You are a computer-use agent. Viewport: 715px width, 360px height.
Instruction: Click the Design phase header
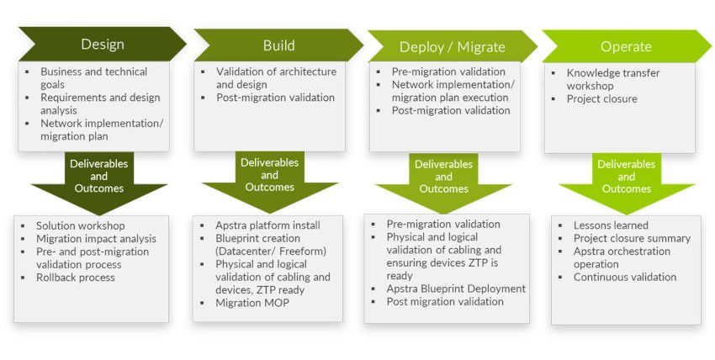point(102,45)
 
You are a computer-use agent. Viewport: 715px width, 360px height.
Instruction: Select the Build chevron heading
point(278,45)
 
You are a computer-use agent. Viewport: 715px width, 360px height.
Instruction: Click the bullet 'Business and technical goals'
point(93,78)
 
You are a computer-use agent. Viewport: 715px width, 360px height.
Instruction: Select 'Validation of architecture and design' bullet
point(275,78)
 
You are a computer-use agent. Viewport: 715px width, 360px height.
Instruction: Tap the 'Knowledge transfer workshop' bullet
point(612,79)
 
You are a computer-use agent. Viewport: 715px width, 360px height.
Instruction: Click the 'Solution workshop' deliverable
point(80,226)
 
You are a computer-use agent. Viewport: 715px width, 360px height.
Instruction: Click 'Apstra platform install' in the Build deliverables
point(267,225)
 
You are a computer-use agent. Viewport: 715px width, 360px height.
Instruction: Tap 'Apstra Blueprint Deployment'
point(456,289)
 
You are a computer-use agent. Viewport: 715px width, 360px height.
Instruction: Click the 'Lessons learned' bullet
point(611,225)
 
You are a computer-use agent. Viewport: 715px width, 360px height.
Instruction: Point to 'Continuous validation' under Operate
point(624,277)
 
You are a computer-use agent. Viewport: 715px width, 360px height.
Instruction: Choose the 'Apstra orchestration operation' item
point(621,257)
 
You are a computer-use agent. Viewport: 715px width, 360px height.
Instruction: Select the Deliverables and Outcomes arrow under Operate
point(626,177)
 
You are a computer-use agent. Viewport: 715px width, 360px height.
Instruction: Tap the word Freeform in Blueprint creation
point(302,251)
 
